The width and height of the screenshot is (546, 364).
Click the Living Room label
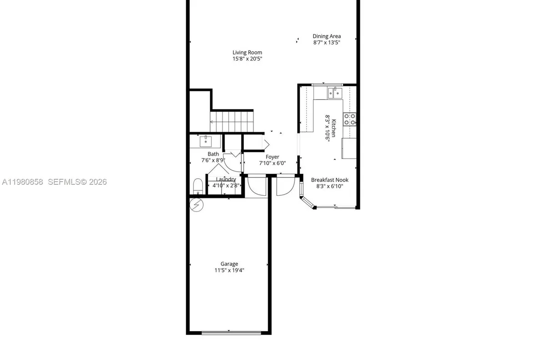(247, 52)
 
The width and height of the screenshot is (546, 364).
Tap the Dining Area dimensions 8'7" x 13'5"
(326, 42)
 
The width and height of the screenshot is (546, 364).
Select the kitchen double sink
(334, 93)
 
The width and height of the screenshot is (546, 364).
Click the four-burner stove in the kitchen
(349, 119)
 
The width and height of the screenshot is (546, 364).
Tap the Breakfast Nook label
(329, 180)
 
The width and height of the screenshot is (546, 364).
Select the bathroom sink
(206, 141)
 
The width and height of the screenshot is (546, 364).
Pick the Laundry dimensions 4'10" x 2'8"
(226, 186)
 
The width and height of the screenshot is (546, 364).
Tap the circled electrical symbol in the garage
(197, 205)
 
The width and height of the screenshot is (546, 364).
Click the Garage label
(229, 264)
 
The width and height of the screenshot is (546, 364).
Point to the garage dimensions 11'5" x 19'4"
(229, 270)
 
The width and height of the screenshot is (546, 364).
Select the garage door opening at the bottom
(232, 333)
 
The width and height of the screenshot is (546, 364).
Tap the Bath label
(213, 154)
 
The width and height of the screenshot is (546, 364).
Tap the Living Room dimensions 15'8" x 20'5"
(247, 59)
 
